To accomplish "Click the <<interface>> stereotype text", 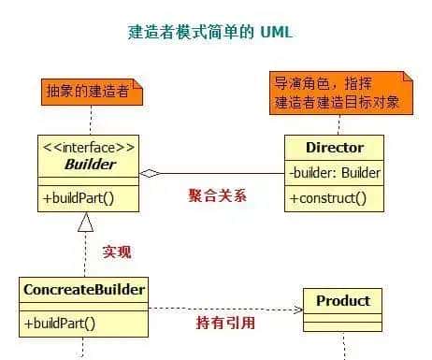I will pyautogui.click(x=89, y=147).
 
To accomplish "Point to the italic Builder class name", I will pyautogui.click(x=90, y=165).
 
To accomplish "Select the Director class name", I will pyautogui.click(x=334, y=148).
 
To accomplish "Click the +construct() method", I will pyautogui.click(x=327, y=198).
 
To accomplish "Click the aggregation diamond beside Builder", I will pyautogui.click(x=151, y=173).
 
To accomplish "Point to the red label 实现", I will pyautogui.click(x=117, y=252).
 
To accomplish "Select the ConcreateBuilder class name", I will pyautogui.click(x=83, y=289).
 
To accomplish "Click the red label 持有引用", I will pyautogui.click(x=224, y=324).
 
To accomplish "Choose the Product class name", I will pyautogui.click(x=342, y=300).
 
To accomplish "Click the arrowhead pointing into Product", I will pyautogui.click(x=298, y=309).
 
